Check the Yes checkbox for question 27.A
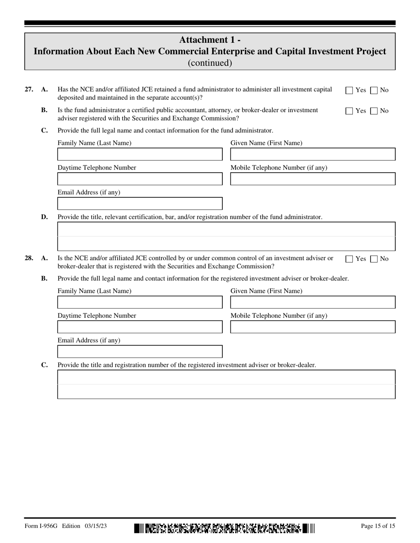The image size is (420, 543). (x=349, y=90)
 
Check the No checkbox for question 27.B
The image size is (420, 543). (x=374, y=111)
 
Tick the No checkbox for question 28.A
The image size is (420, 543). (x=374, y=259)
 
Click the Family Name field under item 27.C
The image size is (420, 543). (x=140, y=155)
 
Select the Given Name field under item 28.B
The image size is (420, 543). (x=313, y=302)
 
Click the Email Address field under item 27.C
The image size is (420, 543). (x=140, y=204)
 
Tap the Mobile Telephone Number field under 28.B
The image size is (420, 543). (x=313, y=327)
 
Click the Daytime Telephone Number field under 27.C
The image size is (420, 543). (x=140, y=179)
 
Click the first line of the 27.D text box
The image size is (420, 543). (x=226, y=230)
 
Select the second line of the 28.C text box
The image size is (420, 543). (x=226, y=392)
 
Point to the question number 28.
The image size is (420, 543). (x=29, y=258)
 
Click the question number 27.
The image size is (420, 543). (x=29, y=90)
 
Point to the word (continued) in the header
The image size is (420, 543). (x=210, y=63)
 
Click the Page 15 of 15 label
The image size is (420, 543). (x=378, y=526)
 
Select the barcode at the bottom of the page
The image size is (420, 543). (x=224, y=528)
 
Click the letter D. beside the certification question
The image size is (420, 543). (x=44, y=217)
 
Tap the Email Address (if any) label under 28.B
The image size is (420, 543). (x=89, y=340)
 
